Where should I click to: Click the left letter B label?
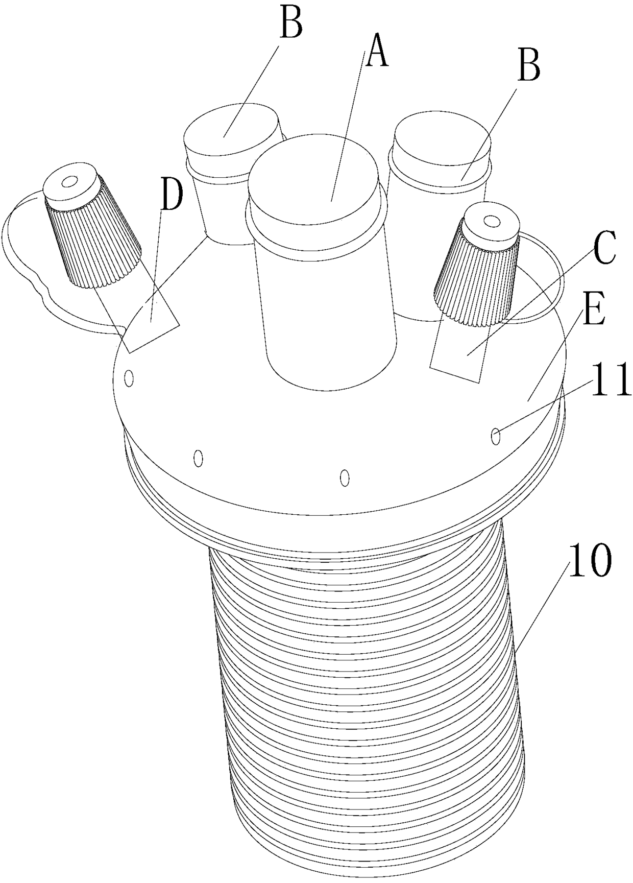[x=291, y=22]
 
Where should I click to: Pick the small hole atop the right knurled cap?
[x=491, y=221]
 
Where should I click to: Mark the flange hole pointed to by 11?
[x=496, y=436]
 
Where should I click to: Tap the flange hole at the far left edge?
[x=130, y=378]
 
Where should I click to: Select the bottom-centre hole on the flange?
[x=345, y=478]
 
